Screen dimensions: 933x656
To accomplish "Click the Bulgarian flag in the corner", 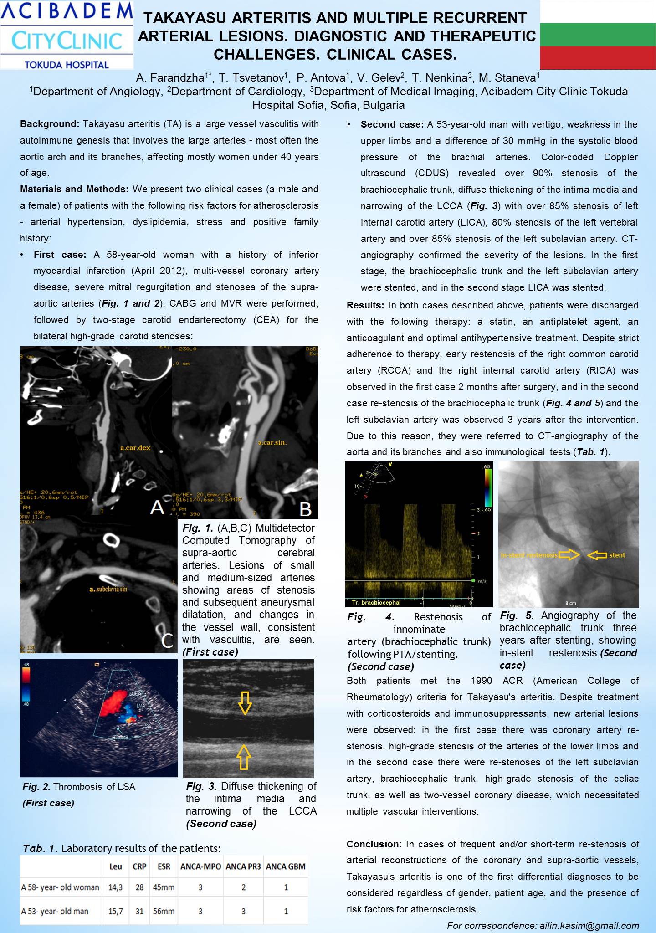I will [x=597, y=34].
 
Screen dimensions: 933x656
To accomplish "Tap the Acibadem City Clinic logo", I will [x=67, y=35].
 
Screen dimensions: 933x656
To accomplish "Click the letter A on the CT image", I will [x=157, y=507].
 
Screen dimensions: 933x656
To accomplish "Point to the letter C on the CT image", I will [x=167, y=641].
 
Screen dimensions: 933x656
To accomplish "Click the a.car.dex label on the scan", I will [x=135, y=447].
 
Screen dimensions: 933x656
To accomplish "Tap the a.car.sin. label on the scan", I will [x=272, y=442].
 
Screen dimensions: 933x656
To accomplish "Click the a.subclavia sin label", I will [x=108, y=589].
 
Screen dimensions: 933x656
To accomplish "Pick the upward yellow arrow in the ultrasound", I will [x=244, y=757].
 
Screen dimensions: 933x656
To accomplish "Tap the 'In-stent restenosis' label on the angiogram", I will [x=529, y=555].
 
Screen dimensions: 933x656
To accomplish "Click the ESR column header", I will [x=164, y=866].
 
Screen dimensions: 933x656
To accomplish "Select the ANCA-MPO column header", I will [x=200, y=866].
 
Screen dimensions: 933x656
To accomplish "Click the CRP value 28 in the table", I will [x=139, y=887].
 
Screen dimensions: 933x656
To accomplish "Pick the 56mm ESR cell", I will [x=164, y=911].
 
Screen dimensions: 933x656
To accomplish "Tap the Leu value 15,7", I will [x=115, y=911].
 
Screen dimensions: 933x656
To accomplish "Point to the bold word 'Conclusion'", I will [x=373, y=844].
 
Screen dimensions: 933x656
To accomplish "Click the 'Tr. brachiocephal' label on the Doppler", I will [x=376, y=603].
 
